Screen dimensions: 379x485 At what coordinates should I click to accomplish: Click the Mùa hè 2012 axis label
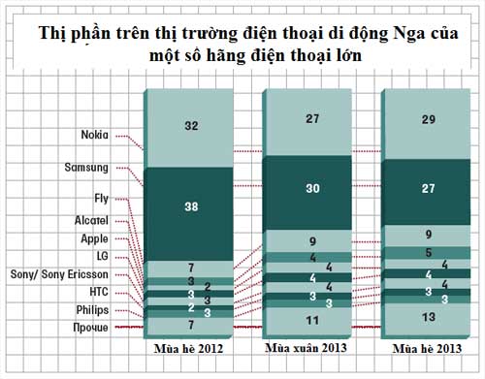pos(190,345)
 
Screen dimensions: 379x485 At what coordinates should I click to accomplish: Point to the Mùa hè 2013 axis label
pos(424,346)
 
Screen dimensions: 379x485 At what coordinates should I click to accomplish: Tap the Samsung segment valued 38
pos(191,205)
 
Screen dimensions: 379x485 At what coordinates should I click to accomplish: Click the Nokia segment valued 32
pos(191,125)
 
